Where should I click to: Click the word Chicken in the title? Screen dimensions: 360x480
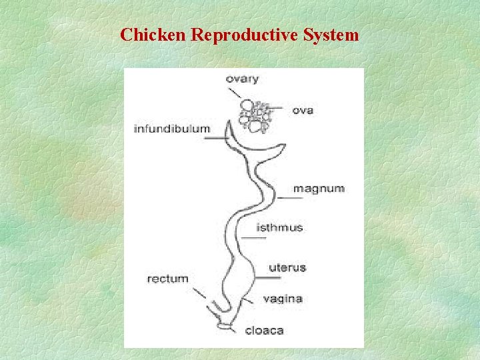pos(153,35)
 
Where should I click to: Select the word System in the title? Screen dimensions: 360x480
pos(332,35)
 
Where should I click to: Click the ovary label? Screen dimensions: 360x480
pos(242,79)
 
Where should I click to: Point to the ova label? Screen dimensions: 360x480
pos(303,110)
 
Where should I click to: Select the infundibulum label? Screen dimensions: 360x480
pos(172,128)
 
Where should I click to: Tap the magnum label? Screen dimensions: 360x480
pos(319,189)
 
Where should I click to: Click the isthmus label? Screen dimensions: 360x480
pos(279,227)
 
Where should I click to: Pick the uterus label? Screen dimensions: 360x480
pos(287,268)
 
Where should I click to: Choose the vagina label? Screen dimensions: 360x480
pos(283,299)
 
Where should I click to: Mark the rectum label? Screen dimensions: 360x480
pos(168,279)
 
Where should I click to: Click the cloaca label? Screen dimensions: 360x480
pos(265,330)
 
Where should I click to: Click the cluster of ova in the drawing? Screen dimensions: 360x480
pos(255,115)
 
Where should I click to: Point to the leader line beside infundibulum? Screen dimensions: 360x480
pos(216,139)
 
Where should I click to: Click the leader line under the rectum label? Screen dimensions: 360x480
pos(199,292)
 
